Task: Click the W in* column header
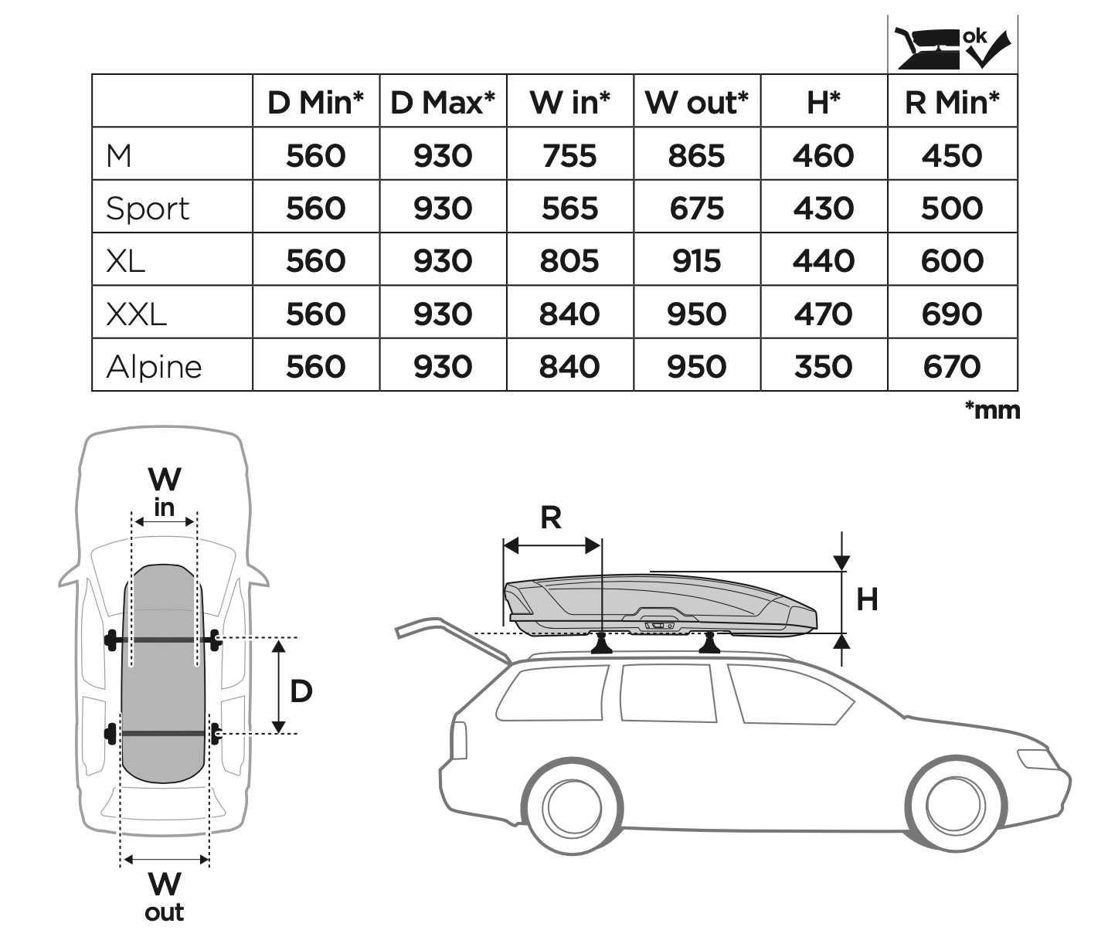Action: [x=569, y=102]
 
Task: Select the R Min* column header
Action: [x=952, y=102]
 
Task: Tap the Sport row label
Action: [x=148, y=209]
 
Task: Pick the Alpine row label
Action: [x=154, y=366]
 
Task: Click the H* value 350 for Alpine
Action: [x=823, y=366]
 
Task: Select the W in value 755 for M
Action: [x=569, y=156]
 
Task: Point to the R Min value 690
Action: [x=952, y=314]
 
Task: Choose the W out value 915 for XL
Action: [x=696, y=261]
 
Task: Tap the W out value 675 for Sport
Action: [x=696, y=209]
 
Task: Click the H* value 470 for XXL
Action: [x=823, y=314]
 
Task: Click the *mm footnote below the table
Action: [x=992, y=409]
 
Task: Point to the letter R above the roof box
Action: [x=550, y=518]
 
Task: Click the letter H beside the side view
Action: [x=867, y=599]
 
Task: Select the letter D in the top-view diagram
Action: [x=301, y=691]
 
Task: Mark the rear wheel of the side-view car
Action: [x=573, y=808]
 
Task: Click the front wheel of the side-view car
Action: [x=955, y=808]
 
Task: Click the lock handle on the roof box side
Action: [x=657, y=625]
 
